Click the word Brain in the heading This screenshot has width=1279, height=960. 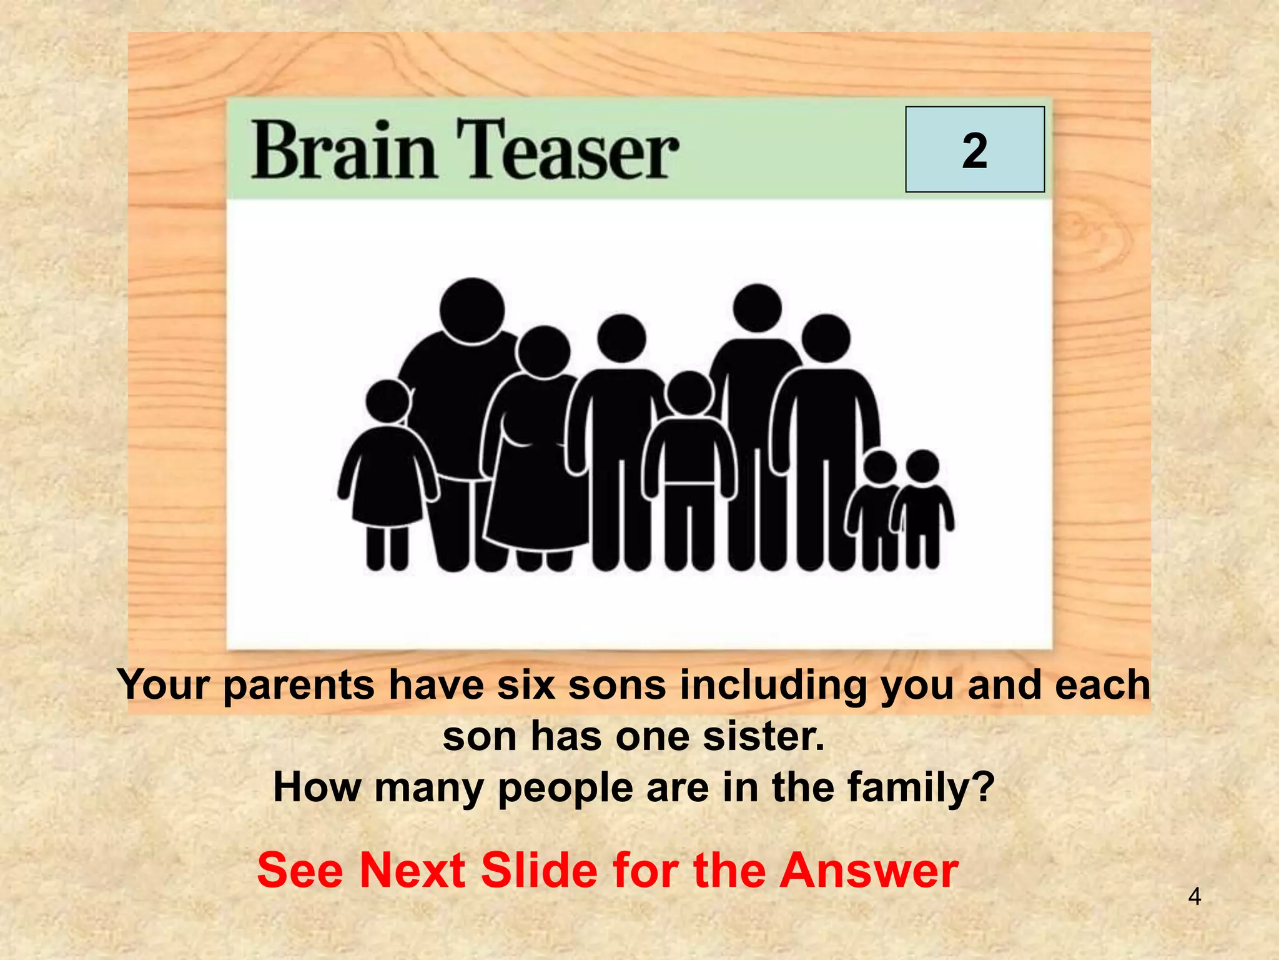pyautogui.click(x=343, y=150)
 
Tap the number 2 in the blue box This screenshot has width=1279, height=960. pyautogui.click(x=974, y=151)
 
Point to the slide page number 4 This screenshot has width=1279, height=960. pyautogui.click(x=1194, y=897)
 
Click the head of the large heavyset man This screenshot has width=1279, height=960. pyautogui.click(x=472, y=311)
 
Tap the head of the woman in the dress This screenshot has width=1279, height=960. pyautogui.click(x=544, y=351)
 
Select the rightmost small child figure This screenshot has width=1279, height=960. pyautogui.click(x=922, y=506)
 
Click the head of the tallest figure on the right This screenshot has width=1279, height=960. pyautogui.click(x=757, y=307)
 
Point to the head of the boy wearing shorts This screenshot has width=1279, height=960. pyautogui.click(x=689, y=393)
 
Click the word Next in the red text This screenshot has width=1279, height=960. pyautogui.click(x=412, y=870)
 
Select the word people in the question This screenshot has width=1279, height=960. pyautogui.click(x=566, y=787)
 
